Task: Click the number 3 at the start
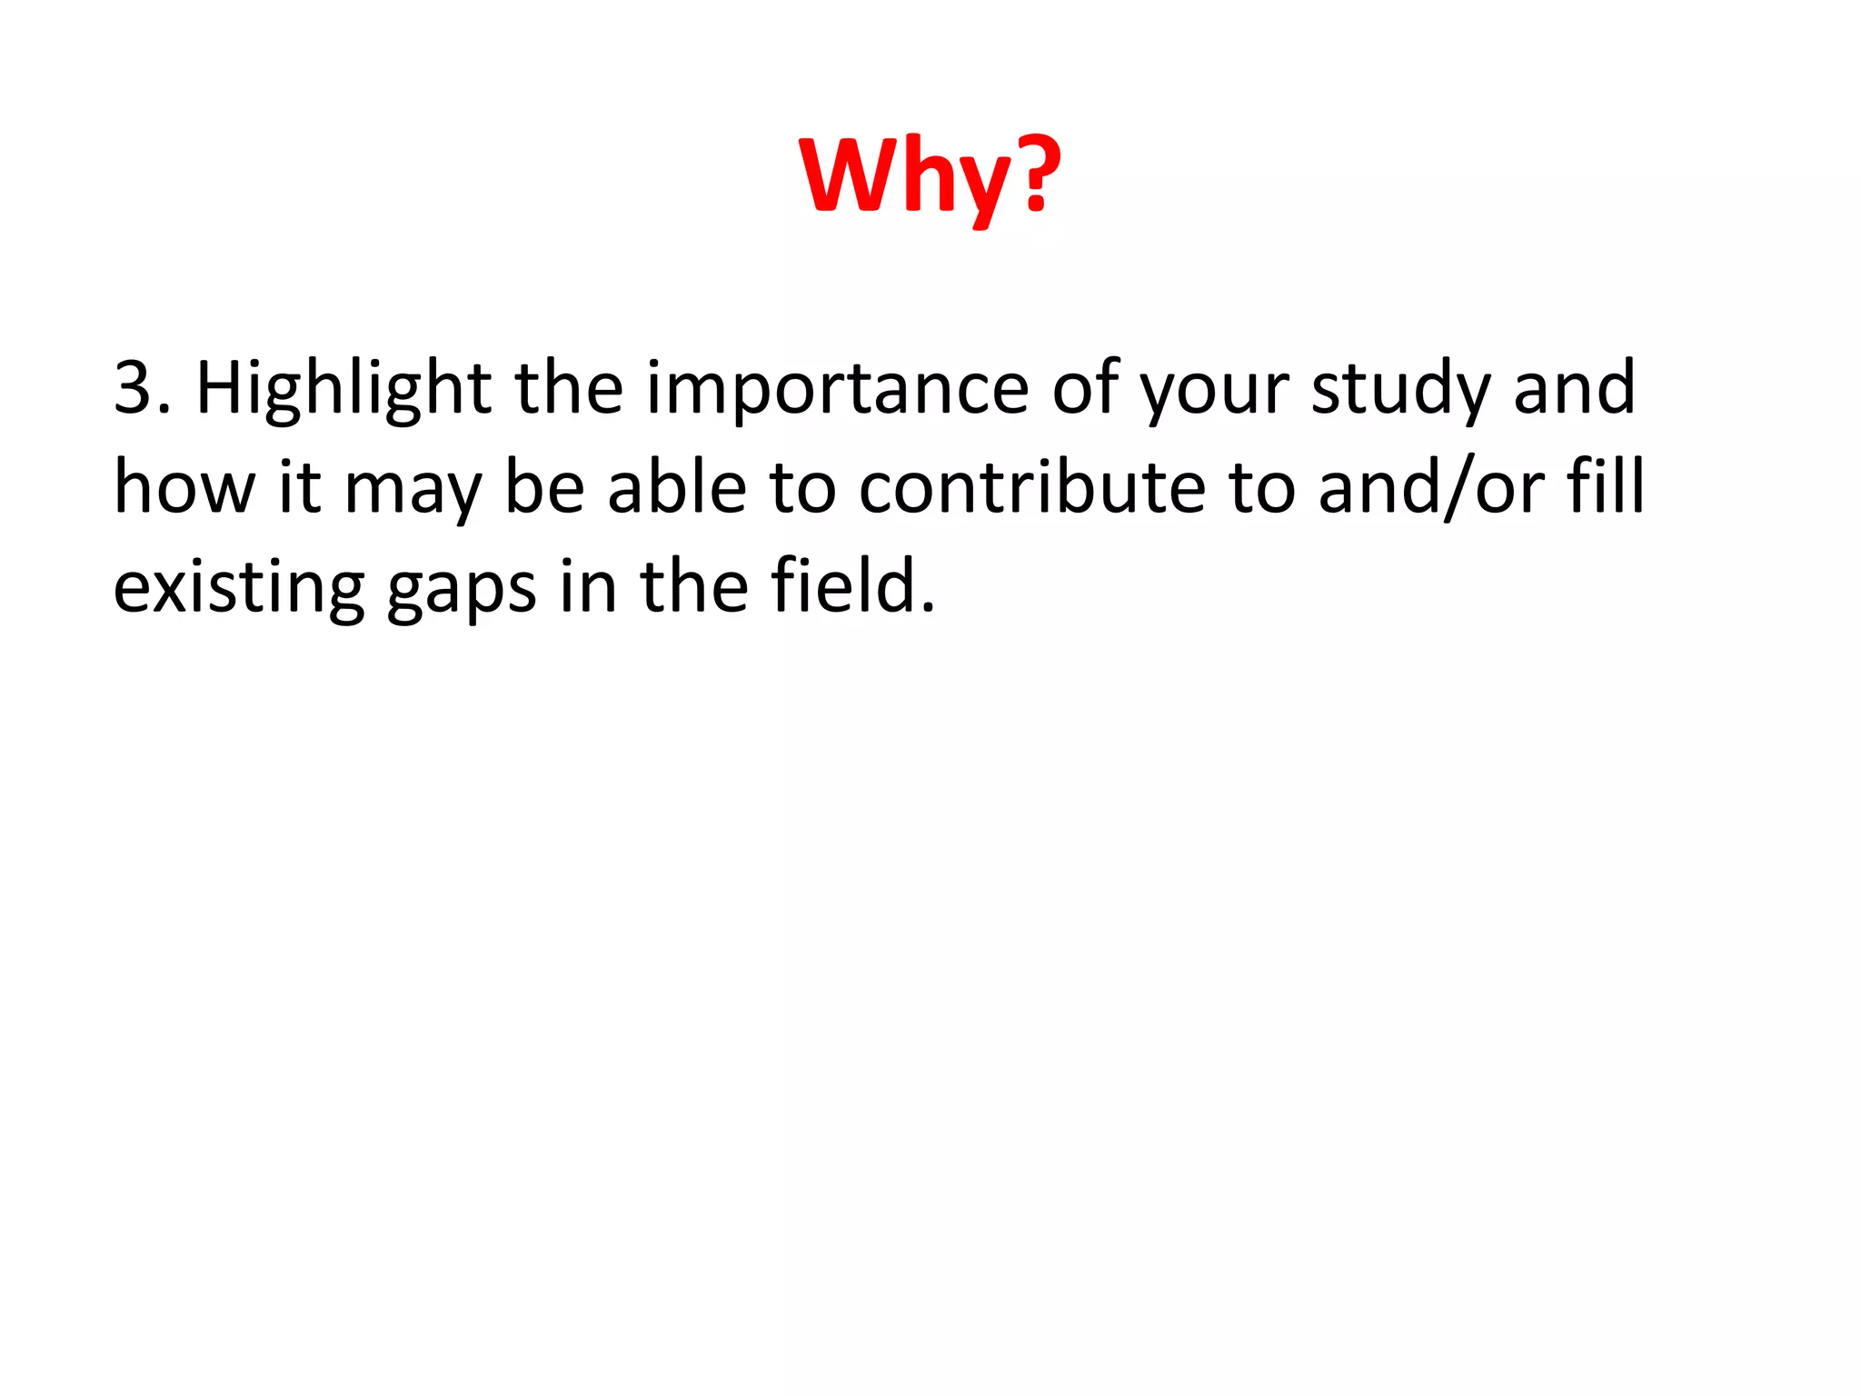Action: pyautogui.click(x=134, y=388)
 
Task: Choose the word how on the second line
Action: pyautogui.click(x=184, y=488)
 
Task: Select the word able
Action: pyautogui.click(x=677, y=488)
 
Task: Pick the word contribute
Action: pyautogui.click(x=1032, y=488)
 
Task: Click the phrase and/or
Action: pyautogui.click(x=1430, y=488)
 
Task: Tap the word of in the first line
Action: pyautogui.click(x=1085, y=389)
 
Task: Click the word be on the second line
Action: pyautogui.click(x=544, y=488)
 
